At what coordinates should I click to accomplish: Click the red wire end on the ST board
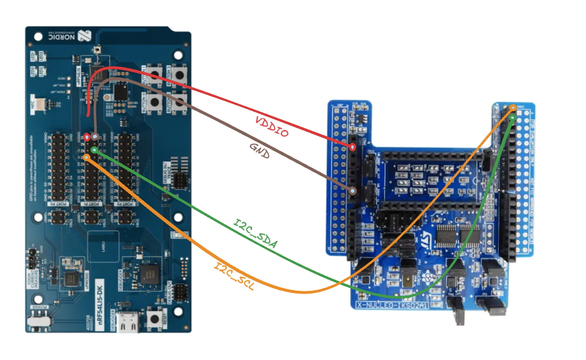tap(353, 147)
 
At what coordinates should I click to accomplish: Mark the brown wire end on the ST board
tap(353, 191)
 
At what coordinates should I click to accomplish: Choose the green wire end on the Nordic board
tap(94, 150)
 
